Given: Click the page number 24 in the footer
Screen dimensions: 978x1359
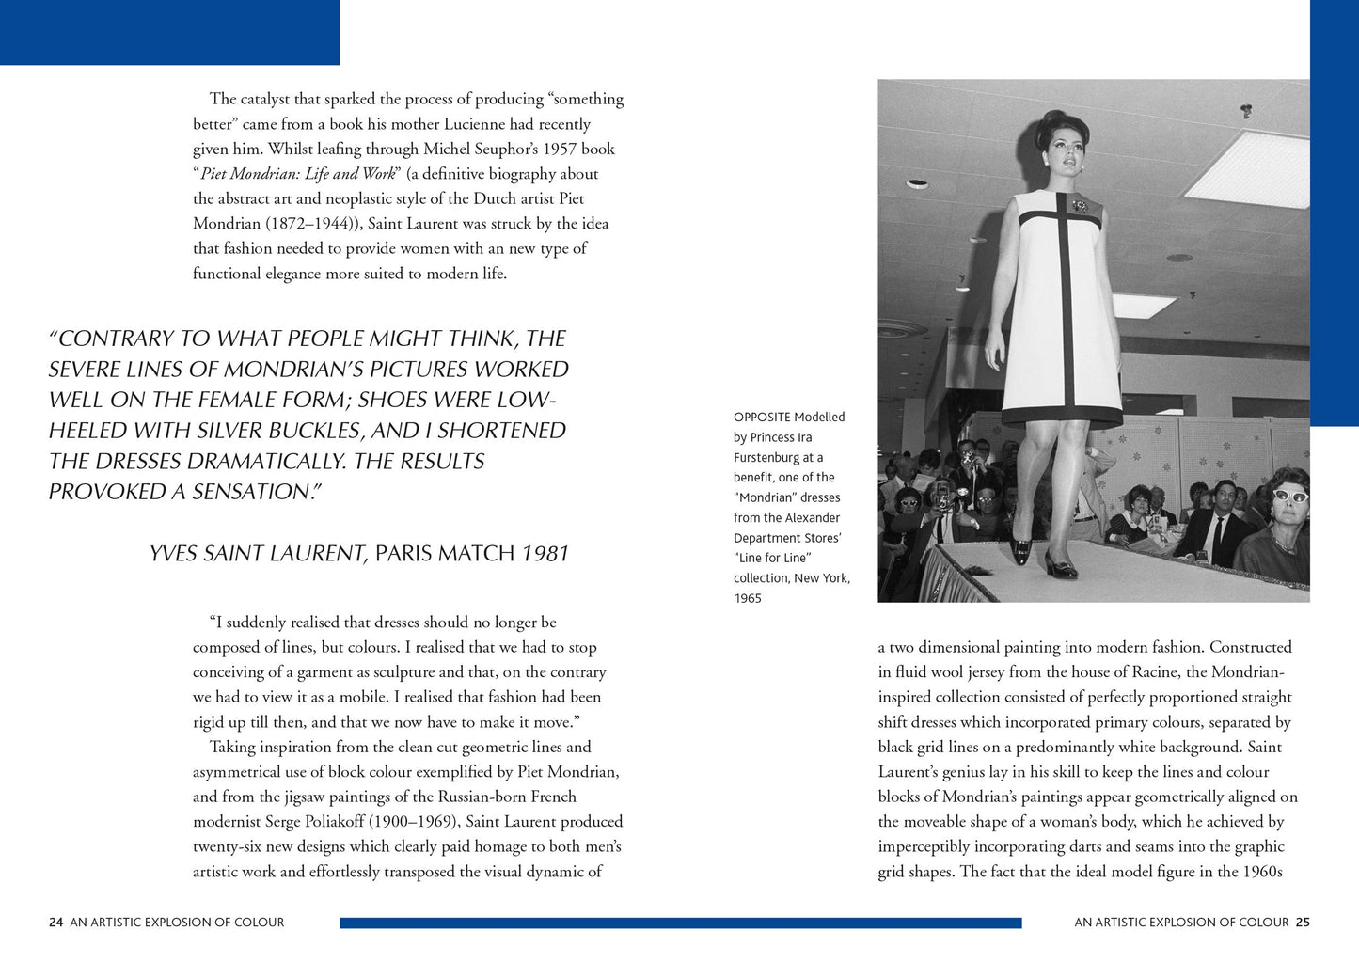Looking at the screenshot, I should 56,923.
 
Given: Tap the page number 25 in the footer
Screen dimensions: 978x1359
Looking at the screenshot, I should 1303,923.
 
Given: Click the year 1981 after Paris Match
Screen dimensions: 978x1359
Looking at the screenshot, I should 545,553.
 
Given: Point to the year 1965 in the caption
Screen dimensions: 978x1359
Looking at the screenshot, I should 748,598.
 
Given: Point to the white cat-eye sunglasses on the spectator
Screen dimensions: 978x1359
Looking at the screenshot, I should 1290,496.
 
